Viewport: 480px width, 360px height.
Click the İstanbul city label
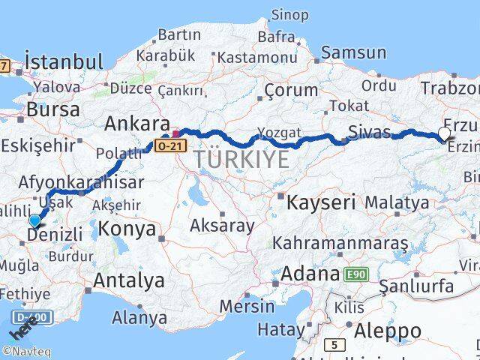pos(63,61)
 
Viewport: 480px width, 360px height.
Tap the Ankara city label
pos(136,123)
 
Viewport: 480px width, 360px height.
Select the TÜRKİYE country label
pos(241,159)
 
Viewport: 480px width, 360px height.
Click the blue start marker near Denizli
pos(34,220)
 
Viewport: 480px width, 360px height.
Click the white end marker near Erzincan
pos(444,133)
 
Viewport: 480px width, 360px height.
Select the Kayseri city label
pos(320,202)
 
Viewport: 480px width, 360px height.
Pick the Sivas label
pos(369,133)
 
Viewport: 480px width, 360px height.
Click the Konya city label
pos(127,228)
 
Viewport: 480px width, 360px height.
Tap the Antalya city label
pos(128,281)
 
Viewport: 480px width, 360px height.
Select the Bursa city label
pos(52,109)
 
